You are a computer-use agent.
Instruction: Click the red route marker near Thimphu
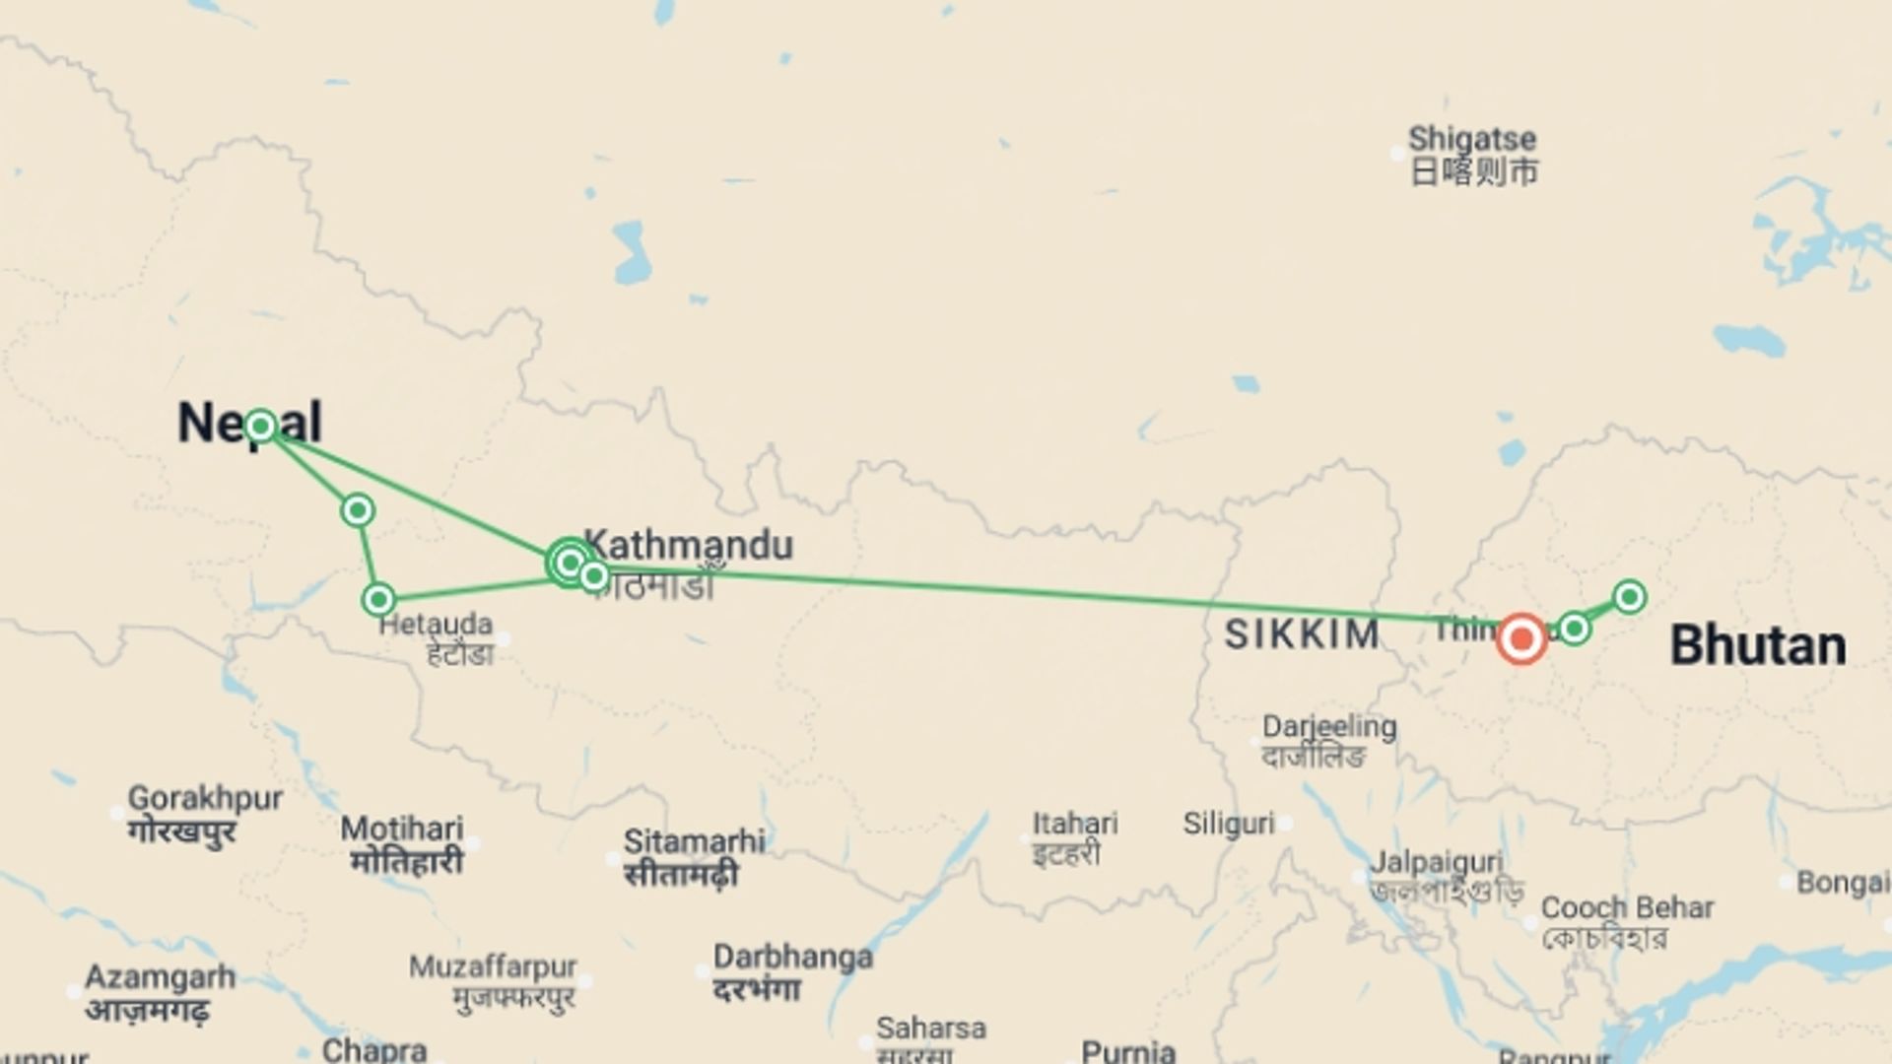(1521, 638)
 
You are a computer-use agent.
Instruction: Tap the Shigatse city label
(1472, 139)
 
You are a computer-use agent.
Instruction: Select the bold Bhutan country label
(1758, 646)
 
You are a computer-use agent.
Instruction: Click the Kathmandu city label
(689, 545)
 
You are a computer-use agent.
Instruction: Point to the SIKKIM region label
(1302, 634)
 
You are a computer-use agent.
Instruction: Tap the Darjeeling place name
(1329, 727)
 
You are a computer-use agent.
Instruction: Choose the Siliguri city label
(1229, 823)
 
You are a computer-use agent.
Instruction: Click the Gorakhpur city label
(205, 798)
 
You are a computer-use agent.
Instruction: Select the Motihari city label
(402, 829)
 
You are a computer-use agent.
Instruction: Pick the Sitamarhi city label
(694, 841)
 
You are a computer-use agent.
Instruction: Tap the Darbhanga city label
(793, 957)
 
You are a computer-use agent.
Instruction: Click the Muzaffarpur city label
(493, 966)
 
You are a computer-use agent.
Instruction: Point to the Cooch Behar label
(1627, 907)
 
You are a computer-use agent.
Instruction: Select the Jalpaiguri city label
(1437, 862)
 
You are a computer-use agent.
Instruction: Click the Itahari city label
(1075, 823)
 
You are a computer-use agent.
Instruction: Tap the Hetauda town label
(436, 624)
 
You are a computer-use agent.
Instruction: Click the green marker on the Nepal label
(260, 427)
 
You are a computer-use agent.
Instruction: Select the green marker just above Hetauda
(379, 599)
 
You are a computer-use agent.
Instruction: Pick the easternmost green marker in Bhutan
(1629, 596)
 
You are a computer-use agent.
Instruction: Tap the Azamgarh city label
(160, 977)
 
